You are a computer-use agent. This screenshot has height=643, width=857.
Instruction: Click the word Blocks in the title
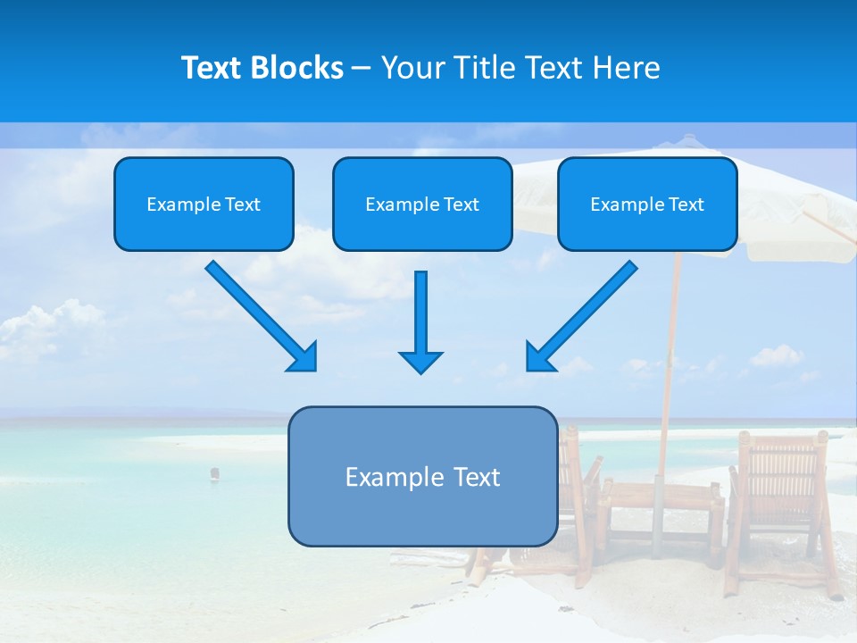coord(299,68)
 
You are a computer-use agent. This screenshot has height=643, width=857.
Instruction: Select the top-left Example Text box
coord(204,204)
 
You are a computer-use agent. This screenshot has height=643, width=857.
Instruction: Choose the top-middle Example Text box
coord(422,204)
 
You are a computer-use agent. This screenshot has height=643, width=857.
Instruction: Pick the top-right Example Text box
coord(647,204)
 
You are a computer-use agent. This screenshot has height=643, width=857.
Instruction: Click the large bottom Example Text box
coord(422,476)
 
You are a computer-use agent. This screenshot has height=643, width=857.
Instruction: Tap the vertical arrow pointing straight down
coord(420,313)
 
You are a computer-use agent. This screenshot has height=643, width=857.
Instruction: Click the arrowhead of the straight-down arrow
coord(420,361)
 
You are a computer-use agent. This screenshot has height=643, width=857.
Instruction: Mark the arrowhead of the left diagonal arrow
coord(304,357)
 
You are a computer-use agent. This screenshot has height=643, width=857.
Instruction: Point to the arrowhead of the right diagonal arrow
coord(539,357)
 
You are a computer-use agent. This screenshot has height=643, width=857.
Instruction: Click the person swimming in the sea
coord(214,473)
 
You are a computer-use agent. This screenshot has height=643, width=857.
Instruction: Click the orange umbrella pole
coord(669,357)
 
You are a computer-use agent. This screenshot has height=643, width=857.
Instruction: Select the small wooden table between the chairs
coord(661,518)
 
